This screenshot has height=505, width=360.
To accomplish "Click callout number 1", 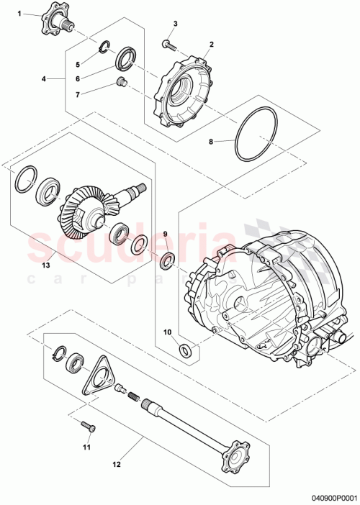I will click(19, 14).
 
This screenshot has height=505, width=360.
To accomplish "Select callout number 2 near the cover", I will click(211, 45).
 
